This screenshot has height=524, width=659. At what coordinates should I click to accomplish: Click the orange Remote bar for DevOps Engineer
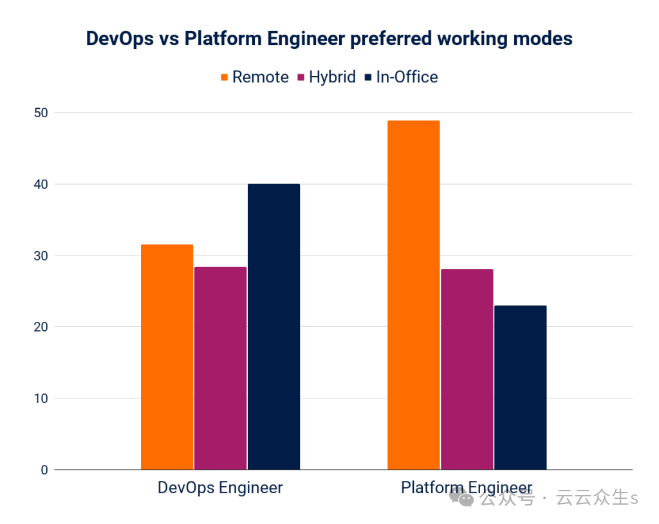[167, 357]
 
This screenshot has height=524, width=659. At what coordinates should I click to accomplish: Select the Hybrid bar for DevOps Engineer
[220, 368]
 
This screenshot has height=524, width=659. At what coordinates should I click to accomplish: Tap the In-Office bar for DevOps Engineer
[274, 327]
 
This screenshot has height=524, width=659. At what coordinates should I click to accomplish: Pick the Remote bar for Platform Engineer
[414, 295]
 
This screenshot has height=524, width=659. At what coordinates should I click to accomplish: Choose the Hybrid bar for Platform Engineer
[467, 370]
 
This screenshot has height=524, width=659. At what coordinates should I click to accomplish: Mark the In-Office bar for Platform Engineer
[520, 388]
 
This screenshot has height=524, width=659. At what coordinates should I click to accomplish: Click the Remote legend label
[260, 77]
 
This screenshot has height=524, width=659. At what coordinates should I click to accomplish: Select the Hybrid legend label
[332, 77]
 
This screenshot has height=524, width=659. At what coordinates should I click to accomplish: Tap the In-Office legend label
[407, 77]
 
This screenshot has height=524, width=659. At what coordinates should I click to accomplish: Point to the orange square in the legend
[225, 77]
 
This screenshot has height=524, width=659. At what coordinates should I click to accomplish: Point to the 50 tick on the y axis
[41, 113]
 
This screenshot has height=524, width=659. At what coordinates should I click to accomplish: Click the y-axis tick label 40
[41, 185]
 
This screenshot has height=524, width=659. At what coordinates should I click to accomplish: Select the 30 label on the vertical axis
[41, 256]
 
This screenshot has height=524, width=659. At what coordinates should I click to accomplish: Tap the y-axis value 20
[41, 327]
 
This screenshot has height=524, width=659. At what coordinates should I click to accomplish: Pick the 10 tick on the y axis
[41, 398]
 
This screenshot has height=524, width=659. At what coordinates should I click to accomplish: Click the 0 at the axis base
[44, 470]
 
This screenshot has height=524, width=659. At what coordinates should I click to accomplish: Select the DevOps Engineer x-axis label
[220, 488]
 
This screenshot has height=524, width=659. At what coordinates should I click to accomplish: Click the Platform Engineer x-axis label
[467, 487]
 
